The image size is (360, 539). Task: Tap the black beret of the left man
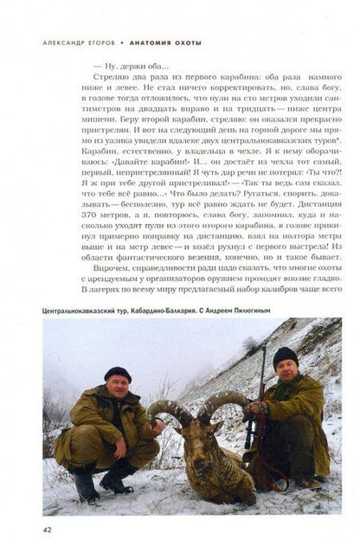(116, 373)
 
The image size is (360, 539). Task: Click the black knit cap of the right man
(286, 354)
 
